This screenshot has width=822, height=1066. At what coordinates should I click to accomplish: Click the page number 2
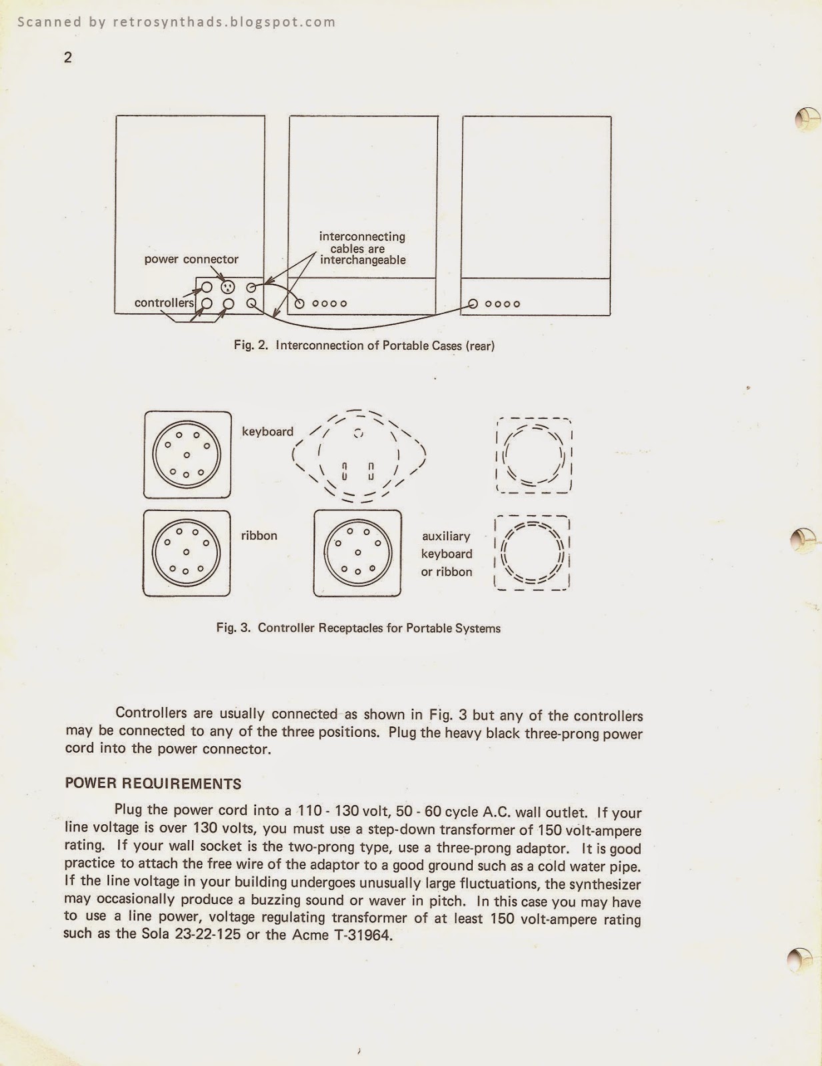[68, 58]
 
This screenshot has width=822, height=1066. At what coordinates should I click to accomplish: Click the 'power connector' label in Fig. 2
[191, 259]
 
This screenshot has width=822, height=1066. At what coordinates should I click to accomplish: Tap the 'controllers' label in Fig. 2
[164, 302]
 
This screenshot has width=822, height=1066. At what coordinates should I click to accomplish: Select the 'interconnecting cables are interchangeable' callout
[362, 248]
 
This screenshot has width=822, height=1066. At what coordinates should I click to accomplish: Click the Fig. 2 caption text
[364, 345]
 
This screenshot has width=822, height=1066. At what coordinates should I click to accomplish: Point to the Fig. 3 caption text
[358, 628]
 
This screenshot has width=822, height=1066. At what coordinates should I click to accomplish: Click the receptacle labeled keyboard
[187, 455]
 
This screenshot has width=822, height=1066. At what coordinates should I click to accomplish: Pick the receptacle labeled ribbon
[187, 553]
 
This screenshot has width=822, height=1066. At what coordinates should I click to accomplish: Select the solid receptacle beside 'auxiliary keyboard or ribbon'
[358, 553]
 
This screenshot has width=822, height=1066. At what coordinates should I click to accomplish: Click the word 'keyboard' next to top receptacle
[267, 432]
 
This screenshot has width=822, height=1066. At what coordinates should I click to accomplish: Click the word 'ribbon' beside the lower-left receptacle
[259, 536]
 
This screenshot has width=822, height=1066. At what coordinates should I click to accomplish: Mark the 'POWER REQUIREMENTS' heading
[153, 784]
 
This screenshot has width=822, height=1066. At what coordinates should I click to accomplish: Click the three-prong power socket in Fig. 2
[228, 288]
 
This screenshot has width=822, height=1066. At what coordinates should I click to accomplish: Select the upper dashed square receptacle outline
[534, 456]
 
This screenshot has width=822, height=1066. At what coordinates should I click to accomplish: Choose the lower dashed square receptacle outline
[532, 553]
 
